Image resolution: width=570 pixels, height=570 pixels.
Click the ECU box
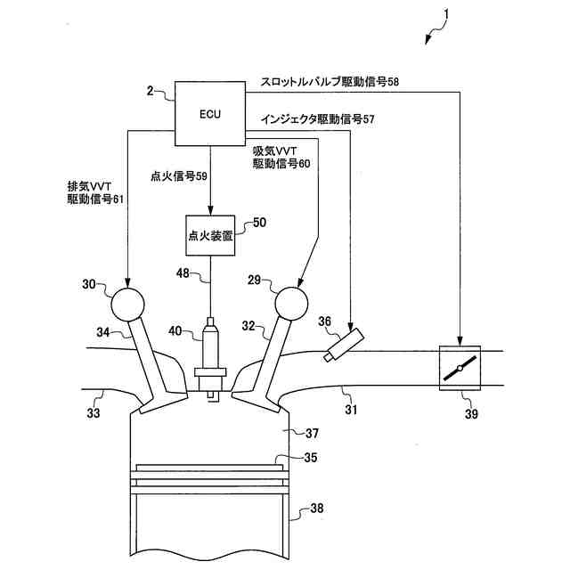tap(211, 114)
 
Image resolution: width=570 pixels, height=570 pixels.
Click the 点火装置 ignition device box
tap(210, 236)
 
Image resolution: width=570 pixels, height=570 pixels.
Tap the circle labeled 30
tap(127, 304)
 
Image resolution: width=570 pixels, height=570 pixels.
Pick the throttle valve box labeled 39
tap(461, 368)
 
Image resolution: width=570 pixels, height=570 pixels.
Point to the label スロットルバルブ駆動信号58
tap(330, 81)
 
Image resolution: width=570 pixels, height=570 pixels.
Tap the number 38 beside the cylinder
tap(317, 510)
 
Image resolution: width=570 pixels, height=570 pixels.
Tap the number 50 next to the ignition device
tap(260, 223)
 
